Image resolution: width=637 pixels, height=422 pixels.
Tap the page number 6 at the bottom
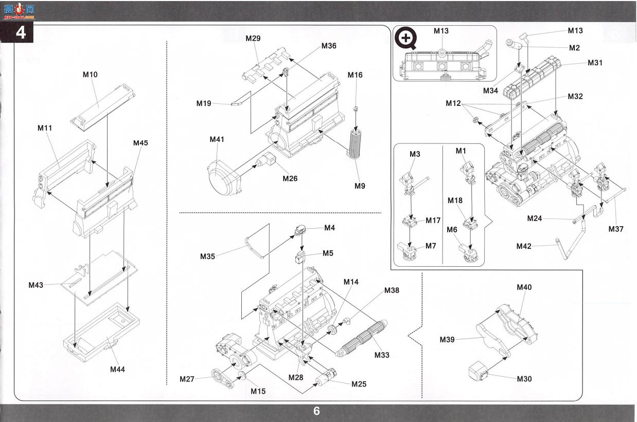316,411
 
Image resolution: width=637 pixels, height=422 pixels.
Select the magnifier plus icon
406,38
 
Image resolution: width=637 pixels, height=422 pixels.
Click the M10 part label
90,75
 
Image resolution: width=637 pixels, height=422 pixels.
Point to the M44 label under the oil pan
117,369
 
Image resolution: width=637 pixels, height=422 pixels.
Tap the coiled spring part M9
355,144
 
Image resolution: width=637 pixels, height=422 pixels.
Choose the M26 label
290,178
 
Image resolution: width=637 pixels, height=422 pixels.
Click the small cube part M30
478,370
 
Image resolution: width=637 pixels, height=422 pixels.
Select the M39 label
447,339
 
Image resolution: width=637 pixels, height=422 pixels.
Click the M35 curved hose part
254,248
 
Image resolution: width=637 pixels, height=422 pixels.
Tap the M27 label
187,379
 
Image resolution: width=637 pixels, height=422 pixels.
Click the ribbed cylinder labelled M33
361,338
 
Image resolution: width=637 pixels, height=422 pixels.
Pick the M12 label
453,103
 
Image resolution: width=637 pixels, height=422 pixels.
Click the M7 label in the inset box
431,246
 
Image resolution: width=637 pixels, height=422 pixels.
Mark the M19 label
204,103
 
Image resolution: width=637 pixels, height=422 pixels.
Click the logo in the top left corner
19,11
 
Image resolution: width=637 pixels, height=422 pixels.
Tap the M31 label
595,63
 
